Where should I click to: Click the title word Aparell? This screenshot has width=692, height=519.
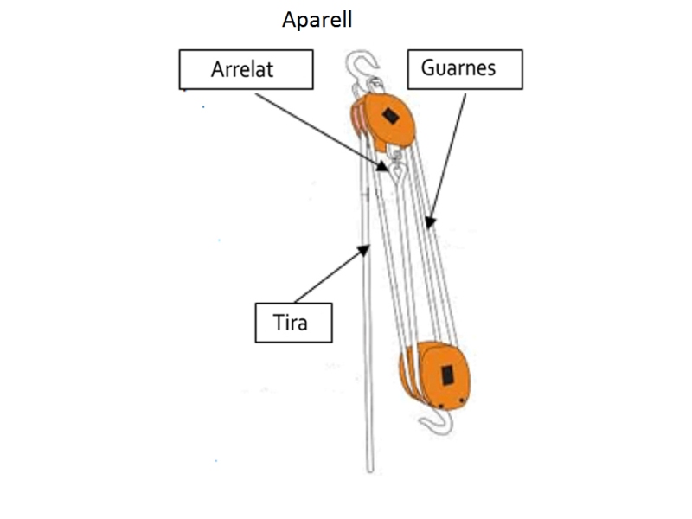[317, 20]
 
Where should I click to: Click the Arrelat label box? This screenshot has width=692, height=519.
[245, 70]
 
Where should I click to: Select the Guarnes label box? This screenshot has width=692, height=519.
[465, 67]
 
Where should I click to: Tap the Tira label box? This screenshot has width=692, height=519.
[293, 324]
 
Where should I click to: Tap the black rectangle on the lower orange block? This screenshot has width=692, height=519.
[447, 375]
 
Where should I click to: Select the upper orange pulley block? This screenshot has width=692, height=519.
[386, 120]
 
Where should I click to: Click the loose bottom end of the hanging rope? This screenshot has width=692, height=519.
[370, 468]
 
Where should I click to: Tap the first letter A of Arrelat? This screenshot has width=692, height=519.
[218, 70]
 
